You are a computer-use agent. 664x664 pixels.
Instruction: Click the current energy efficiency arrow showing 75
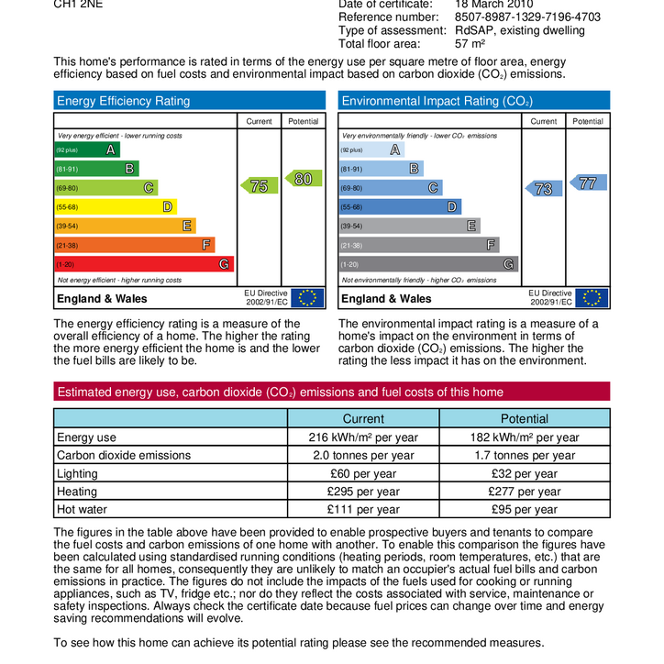click(x=259, y=186)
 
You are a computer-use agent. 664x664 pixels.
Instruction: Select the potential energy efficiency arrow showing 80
click(x=303, y=179)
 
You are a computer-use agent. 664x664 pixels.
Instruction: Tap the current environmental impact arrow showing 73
click(x=543, y=189)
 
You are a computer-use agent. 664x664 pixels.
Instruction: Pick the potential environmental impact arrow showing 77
click(x=587, y=183)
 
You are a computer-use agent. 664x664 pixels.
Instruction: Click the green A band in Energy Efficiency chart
click(x=87, y=149)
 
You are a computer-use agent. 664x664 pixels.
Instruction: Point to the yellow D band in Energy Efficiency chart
click(x=115, y=207)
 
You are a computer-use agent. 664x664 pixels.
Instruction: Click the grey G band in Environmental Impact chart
click(x=428, y=264)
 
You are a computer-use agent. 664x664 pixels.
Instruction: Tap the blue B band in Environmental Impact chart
click(x=381, y=169)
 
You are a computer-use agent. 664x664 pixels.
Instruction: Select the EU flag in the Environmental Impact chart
click(x=593, y=298)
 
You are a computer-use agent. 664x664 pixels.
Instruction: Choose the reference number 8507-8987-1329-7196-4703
click(x=527, y=17)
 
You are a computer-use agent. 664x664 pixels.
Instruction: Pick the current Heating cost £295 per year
click(x=363, y=492)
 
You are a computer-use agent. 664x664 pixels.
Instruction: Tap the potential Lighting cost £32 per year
click(x=525, y=474)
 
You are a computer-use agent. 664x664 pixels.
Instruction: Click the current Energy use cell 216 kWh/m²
click(x=363, y=437)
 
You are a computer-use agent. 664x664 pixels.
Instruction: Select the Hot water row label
click(x=83, y=510)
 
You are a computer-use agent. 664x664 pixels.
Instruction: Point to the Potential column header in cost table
click(x=525, y=418)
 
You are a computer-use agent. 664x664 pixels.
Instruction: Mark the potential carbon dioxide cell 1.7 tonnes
click(x=525, y=456)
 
